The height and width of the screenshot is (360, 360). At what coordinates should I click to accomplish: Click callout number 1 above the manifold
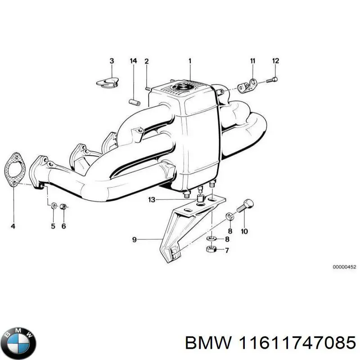(x=190, y=61)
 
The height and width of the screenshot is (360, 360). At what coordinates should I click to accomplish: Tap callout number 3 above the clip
(x=112, y=61)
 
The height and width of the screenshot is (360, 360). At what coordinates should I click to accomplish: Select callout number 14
(x=133, y=61)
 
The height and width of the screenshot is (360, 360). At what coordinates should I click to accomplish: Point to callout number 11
(x=252, y=61)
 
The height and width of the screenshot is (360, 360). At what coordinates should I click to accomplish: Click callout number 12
(x=275, y=61)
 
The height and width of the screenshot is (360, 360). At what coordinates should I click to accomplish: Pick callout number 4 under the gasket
(x=13, y=226)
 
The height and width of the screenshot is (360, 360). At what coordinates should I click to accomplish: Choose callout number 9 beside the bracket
(x=134, y=240)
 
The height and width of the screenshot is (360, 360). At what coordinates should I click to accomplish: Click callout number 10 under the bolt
(x=244, y=232)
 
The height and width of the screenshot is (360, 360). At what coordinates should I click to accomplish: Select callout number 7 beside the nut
(x=226, y=251)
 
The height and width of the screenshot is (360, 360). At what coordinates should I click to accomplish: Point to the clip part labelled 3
(x=108, y=81)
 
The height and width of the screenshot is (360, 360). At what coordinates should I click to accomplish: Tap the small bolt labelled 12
(x=271, y=80)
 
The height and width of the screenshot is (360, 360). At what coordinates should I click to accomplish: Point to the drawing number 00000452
(x=344, y=267)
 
